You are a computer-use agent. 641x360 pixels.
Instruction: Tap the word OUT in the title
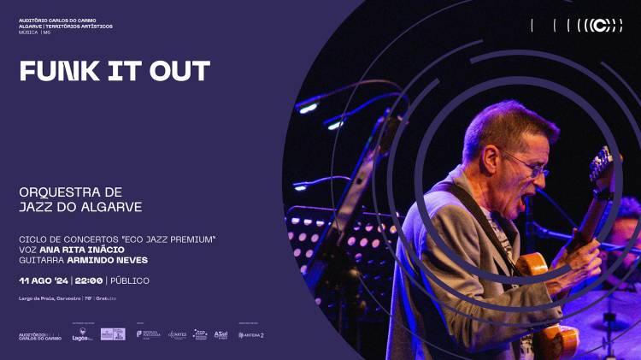pyautogui.click(x=179, y=71)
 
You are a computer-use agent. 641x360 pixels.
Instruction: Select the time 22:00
pyautogui.click(x=88, y=280)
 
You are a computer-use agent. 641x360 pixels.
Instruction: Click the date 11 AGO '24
pyautogui.click(x=44, y=280)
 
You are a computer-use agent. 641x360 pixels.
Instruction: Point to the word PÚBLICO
pyautogui.click(x=129, y=280)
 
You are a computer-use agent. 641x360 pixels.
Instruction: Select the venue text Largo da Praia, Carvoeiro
pyautogui.click(x=50, y=298)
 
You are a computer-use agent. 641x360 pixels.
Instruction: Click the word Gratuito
pyautogui.click(x=106, y=298)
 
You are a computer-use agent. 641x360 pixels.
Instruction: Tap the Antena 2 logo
pyautogui.click(x=251, y=335)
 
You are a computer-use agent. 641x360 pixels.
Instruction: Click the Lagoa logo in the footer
pyautogui.click(x=82, y=336)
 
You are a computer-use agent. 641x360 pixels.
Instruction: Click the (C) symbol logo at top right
pyautogui.click(x=604, y=26)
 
